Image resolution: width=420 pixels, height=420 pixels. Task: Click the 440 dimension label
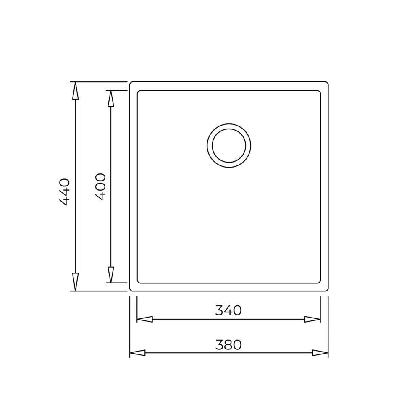[x=64, y=192]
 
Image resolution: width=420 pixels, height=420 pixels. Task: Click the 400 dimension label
[x=100, y=187]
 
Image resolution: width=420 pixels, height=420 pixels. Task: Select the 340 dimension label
[x=228, y=310]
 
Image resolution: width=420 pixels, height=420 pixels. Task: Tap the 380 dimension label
[x=228, y=345]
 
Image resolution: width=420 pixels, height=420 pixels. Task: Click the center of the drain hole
[x=229, y=146]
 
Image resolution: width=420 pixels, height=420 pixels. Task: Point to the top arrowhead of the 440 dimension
[x=76, y=91]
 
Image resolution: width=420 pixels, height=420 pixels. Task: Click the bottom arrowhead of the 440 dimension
[x=76, y=282]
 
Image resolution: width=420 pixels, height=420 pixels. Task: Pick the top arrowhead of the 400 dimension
[x=110, y=99]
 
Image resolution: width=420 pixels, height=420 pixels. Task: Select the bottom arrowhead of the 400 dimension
[x=110, y=275]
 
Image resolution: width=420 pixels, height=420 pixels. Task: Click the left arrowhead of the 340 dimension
[x=144, y=319]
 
